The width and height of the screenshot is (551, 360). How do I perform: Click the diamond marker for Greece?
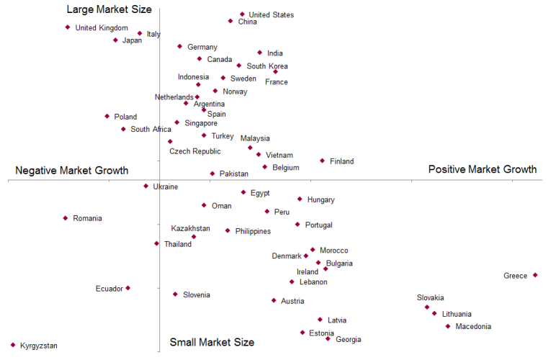coord(535,275)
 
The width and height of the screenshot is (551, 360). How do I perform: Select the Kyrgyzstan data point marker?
coord(13,345)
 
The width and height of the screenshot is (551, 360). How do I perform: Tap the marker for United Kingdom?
coord(68,27)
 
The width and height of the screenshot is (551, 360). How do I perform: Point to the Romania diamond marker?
coord(66,217)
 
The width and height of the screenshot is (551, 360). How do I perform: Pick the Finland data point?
coord(322,161)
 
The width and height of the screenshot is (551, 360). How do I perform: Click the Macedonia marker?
coord(448,326)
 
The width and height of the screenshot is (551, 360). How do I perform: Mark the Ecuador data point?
coord(128,288)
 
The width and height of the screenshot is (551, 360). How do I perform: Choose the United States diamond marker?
coord(242,14)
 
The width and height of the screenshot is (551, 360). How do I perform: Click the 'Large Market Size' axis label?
coord(109,9)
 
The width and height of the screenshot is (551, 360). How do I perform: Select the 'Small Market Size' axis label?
coord(212,342)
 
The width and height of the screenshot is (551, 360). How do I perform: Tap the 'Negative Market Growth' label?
coord(71,171)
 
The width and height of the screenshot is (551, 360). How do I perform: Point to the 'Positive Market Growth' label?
coord(483,169)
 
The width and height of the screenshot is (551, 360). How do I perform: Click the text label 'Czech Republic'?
coord(195,151)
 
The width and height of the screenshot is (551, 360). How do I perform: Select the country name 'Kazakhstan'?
coord(190,228)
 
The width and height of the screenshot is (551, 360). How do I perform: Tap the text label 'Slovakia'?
coord(430,297)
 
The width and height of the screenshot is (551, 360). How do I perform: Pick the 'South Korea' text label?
coord(267,66)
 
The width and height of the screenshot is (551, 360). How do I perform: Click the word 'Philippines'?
coord(253,231)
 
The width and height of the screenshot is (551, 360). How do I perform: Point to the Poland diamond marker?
coord(107,116)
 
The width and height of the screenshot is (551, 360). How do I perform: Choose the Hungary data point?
coord(300,199)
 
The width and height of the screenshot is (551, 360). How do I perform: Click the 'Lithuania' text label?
coord(457,314)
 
